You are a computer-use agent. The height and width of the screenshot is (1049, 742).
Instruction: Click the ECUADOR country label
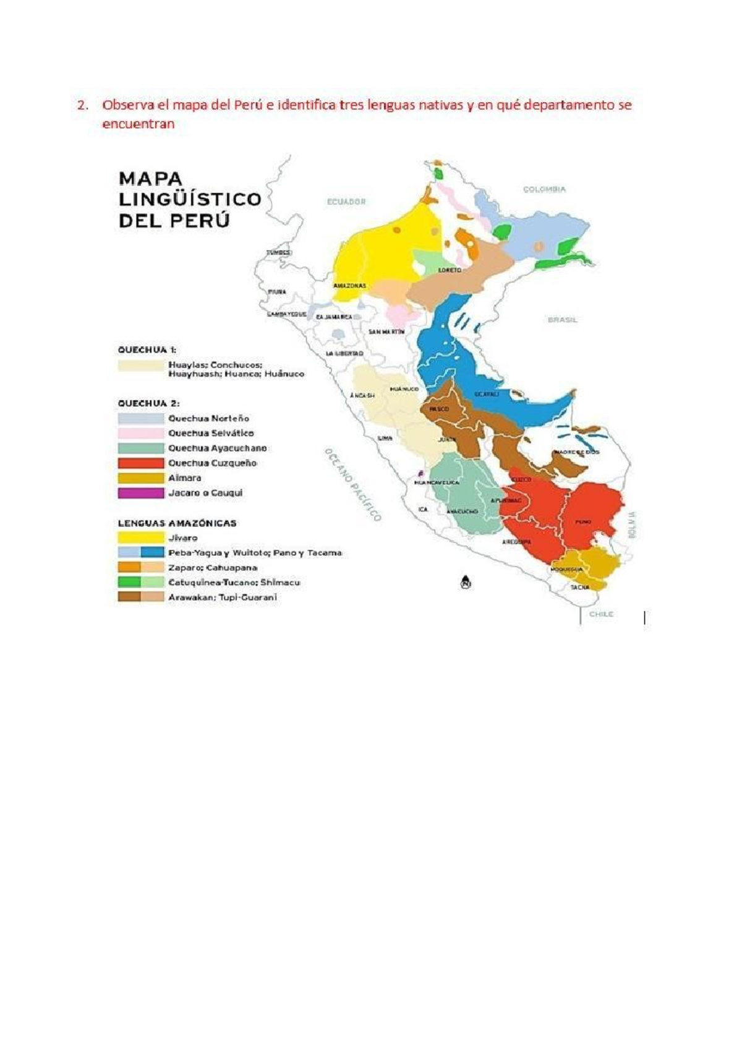point(346,202)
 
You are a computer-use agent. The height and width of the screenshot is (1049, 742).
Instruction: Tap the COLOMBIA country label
point(544,189)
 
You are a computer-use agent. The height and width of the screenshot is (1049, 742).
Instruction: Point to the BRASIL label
point(562,320)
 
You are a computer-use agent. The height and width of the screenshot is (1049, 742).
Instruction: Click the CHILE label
point(601,614)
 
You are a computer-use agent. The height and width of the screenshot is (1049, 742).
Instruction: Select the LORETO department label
point(450,270)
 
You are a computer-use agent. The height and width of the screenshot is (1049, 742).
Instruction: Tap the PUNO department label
point(583,521)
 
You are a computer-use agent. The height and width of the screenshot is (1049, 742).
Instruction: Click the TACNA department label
point(580,587)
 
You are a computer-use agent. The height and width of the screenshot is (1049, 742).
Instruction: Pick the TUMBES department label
point(278,252)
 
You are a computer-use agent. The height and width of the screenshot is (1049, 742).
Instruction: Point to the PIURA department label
point(276,291)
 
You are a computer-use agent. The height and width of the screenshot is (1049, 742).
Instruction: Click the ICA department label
point(423,510)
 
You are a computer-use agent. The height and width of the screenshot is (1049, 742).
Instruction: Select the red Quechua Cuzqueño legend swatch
point(141,463)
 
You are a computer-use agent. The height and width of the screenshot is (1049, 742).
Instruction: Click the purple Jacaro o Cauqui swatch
point(141,493)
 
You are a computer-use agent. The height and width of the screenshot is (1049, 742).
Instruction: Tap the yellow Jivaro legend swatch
point(141,538)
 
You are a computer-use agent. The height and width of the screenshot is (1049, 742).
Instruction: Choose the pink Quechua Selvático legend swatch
point(141,434)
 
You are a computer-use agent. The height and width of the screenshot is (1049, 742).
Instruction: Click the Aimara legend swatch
point(141,478)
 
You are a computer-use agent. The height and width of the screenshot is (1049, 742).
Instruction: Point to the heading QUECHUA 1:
point(147,350)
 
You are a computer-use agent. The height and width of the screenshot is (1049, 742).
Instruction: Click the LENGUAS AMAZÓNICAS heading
point(177,523)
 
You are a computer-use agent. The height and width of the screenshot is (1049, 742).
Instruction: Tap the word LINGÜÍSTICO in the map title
point(190,200)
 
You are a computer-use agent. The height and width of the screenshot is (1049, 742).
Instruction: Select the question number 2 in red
point(82,105)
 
